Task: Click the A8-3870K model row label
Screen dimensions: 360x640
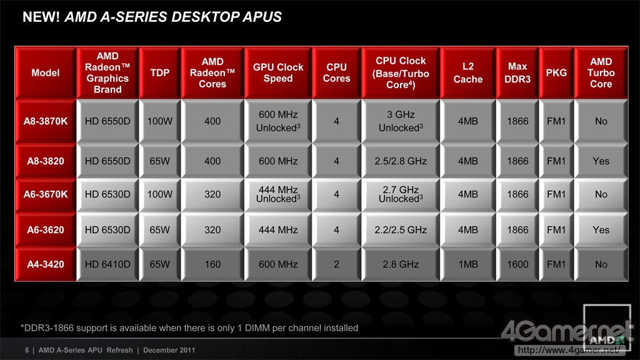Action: pyautogui.click(x=46, y=121)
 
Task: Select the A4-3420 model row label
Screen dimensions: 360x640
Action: pyautogui.click(x=46, y=264)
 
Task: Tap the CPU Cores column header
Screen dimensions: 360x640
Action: pyautogui.click(x=337, y=72)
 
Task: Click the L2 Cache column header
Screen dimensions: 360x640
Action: pyautogui.click(x=468, y=73)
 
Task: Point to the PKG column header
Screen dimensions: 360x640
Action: pyautogui.click(x=556, y=72)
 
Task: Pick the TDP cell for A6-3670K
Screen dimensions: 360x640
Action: pyautogui.click(x=160, y=194)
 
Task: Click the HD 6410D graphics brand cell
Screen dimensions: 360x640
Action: pyautogui.click(x=107, y=264)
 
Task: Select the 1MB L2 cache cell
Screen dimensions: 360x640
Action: pyautogui.click(x=468, y=264)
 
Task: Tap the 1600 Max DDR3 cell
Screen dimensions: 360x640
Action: pyautogui.click(x=517, y=264)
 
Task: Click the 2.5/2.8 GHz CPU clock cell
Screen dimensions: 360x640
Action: pyautogui.click(x=400, y=161)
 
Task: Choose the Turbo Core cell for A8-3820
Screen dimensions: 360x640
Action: pyautogui.click(x=601, y=161)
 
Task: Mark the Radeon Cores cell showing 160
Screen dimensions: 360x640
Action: pyautogui.click(x=212, y=264)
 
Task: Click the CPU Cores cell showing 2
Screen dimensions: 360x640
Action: pyautogui.click(x=337, y=264)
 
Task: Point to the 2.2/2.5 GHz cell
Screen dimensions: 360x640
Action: pyautogui.click(x=400, y=230)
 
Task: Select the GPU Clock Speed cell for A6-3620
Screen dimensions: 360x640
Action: pyautogui.click(x=277, y=230)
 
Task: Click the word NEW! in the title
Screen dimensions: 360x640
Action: pyautogui.click(x=42, y=17)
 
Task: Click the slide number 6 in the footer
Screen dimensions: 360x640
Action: pyautogui.click(x=27, y=350)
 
